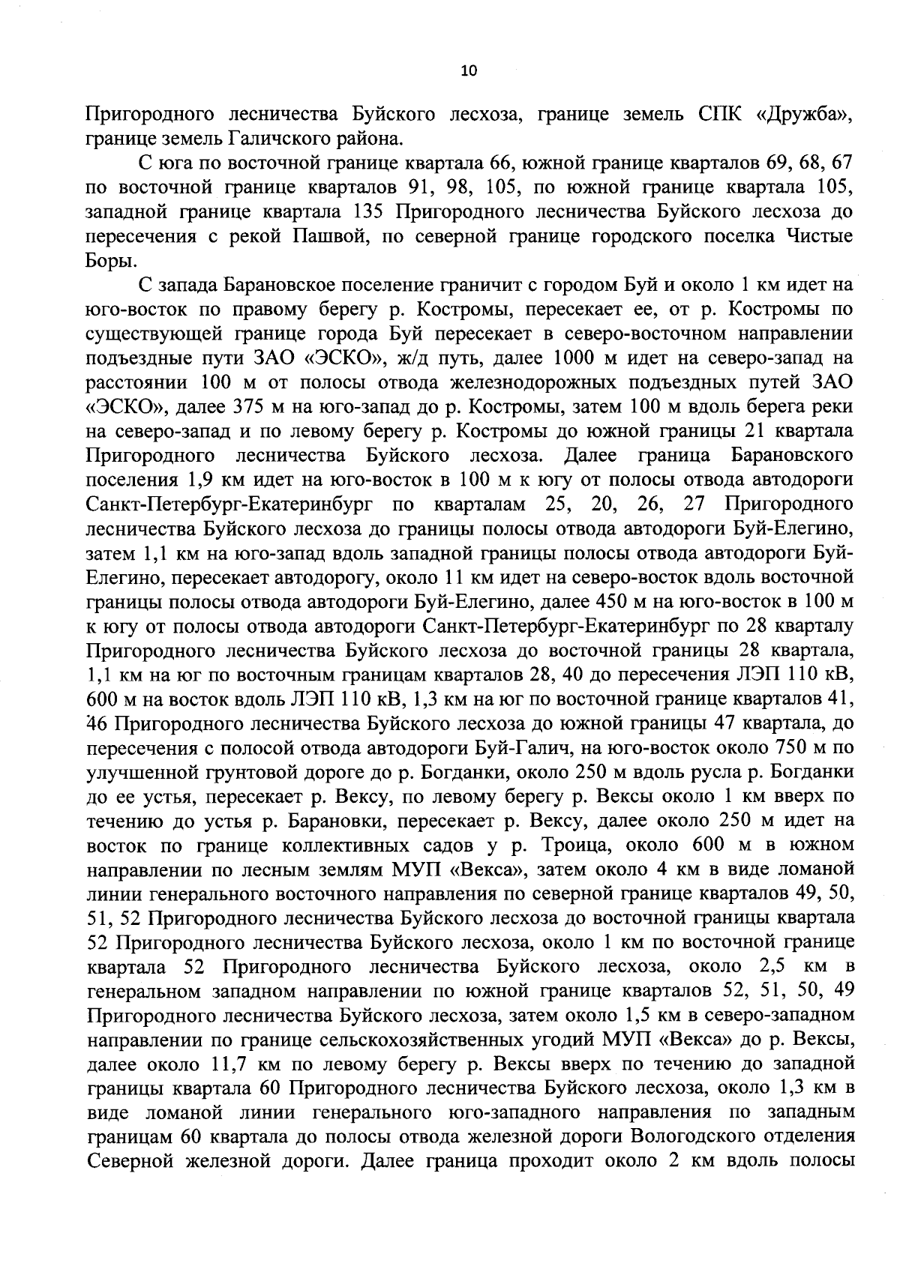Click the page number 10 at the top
tap(468, 70)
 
